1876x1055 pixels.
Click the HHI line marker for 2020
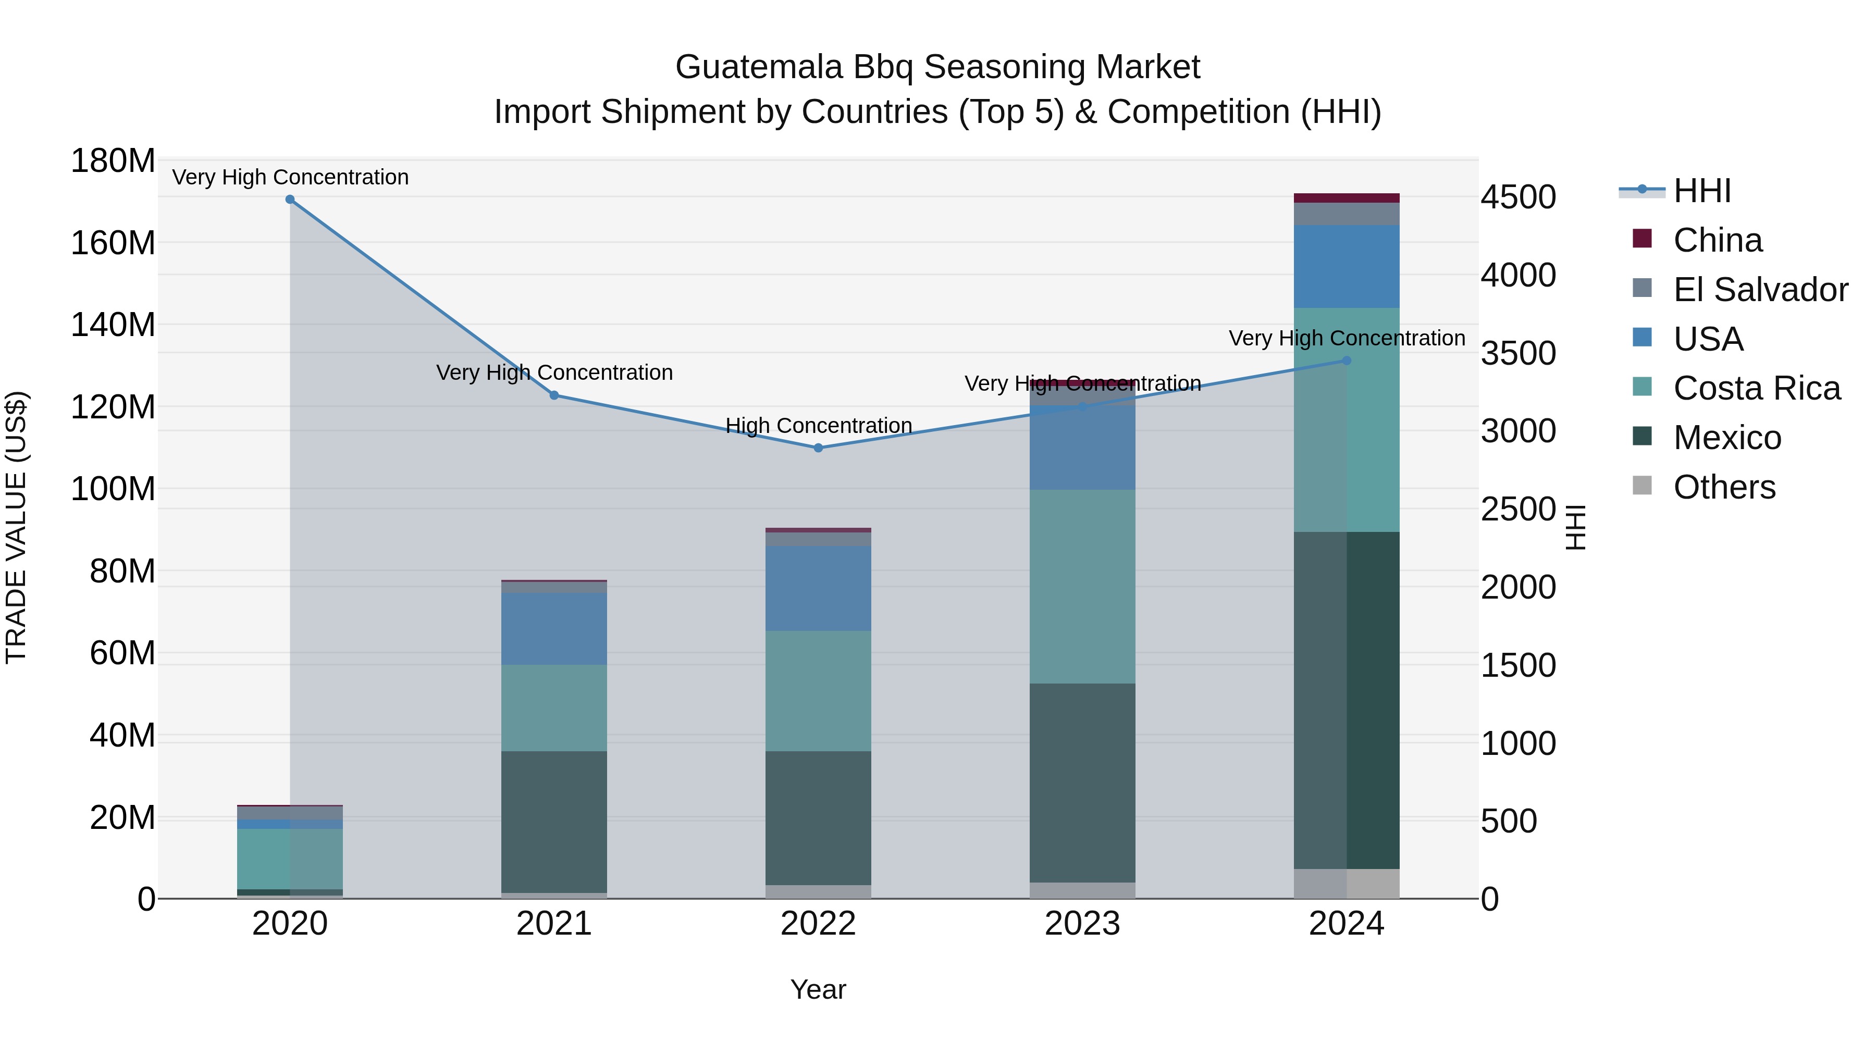point(290,200)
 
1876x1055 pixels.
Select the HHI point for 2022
point(818,448)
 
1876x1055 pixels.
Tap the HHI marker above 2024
point(1346,361)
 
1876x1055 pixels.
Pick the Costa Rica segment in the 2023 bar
point(1082,586)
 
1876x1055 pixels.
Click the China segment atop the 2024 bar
point(1346,198)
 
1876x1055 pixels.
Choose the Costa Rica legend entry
point(1756,388)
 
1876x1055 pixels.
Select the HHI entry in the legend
point(1701,191)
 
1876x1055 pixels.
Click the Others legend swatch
point(1642,486)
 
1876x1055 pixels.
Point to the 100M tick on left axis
point(113,489)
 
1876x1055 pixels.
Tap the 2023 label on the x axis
point(1082,924)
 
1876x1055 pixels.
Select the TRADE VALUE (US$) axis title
point(16,527)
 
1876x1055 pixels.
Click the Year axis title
point(818,989)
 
